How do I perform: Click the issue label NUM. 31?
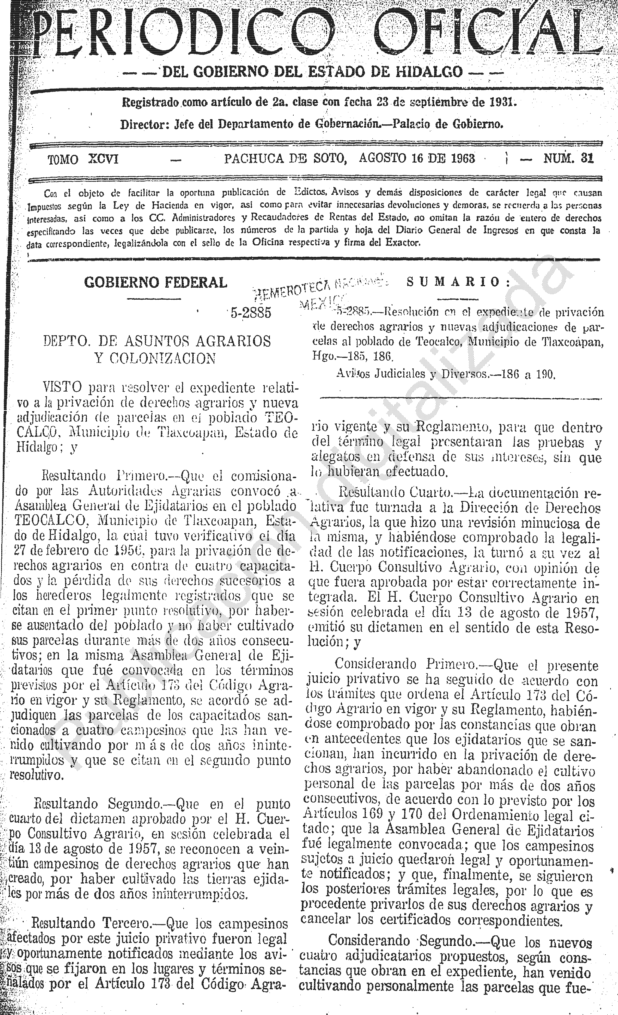coord(569,159)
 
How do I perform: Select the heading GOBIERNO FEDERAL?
coord(156,282)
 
